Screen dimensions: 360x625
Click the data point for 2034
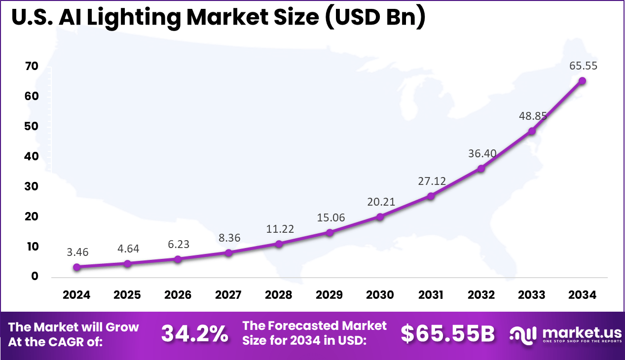582,81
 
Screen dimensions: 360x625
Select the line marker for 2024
76,267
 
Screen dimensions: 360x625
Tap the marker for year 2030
380,216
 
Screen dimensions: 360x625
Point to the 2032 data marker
481,169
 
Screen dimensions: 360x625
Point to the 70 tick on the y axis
31,66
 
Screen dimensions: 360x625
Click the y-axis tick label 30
31,186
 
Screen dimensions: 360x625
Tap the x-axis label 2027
228,295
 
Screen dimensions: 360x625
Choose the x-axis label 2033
531,295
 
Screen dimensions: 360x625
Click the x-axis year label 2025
127,295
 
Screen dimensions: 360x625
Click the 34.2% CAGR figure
195,334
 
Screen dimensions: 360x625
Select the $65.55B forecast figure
447,334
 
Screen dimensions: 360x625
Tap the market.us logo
565,334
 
